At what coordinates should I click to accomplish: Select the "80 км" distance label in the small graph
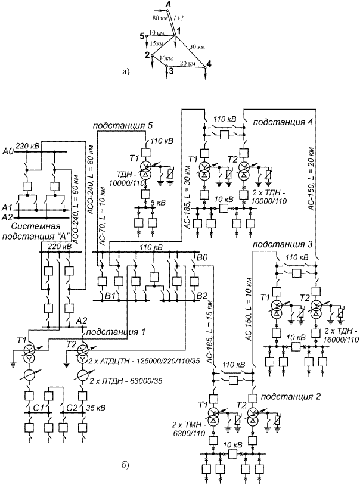tap(152, 20)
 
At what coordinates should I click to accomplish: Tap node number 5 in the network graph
tap(143, 36)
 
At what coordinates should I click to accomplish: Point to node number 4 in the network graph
tap(209, 64)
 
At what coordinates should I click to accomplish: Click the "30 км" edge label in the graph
tap(197, 46)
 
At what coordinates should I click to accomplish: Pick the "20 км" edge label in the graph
tap(187, 63)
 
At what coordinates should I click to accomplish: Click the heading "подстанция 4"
tap(278, 122)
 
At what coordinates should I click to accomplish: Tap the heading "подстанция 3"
tap(277, 244)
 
